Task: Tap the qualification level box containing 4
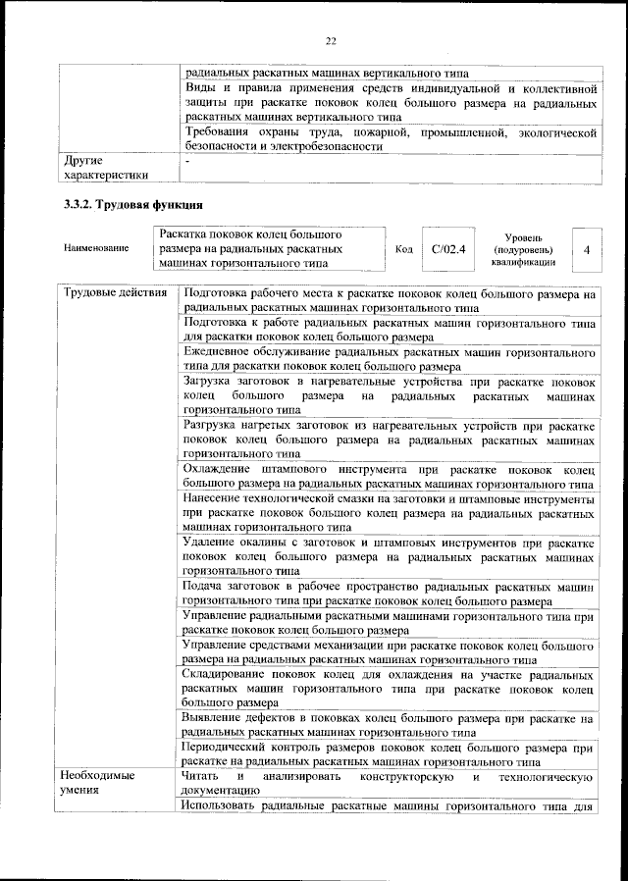tap(586, 249)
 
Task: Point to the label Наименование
tap(95, 249)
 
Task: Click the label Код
tap(402, 249)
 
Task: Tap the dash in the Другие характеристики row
tap(186, 160)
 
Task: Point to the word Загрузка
tap(212, 381)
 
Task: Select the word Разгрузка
tap(215, 425)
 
